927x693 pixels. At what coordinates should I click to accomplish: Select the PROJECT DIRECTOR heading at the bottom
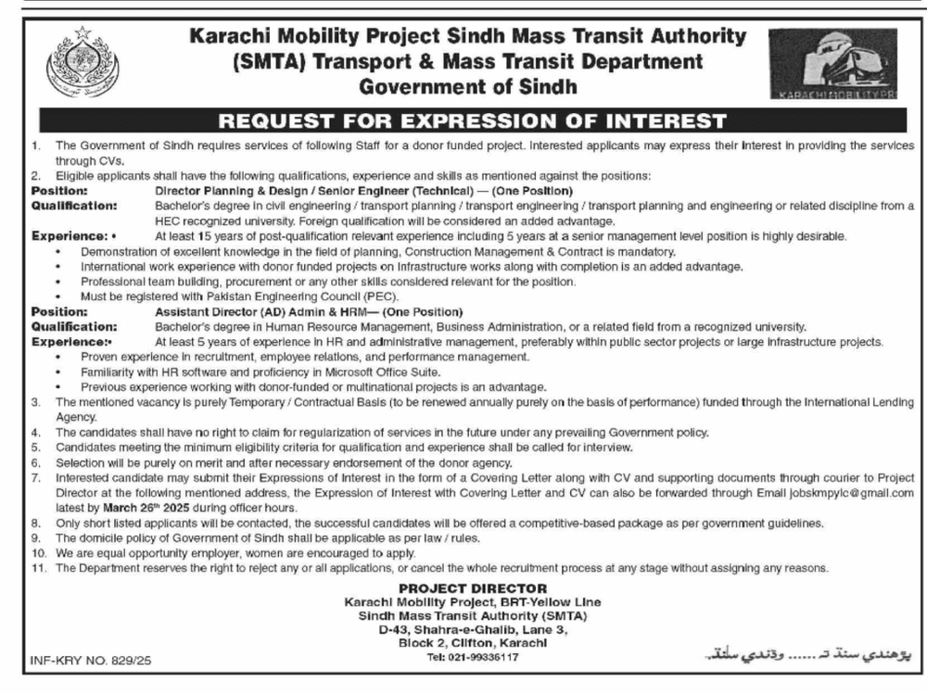point(473,588)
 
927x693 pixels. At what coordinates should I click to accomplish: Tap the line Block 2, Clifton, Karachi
point(473,643)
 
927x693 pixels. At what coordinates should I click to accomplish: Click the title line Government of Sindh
point(467,87)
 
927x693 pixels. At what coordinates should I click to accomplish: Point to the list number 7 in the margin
point(35,479)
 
